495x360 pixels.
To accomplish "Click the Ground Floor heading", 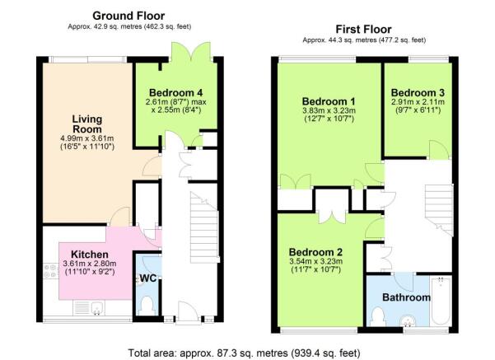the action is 128,16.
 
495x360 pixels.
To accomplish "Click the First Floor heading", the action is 363,30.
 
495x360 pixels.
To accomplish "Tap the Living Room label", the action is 87,124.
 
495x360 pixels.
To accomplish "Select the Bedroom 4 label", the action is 175,93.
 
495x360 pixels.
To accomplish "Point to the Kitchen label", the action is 90,255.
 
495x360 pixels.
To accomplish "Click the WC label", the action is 148,278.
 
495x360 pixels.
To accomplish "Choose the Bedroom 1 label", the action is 329,101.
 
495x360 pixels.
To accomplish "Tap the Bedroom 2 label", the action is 315,252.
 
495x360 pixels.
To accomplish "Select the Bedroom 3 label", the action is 418,93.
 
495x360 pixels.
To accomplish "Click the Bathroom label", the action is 406,297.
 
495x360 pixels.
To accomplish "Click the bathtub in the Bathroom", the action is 441,301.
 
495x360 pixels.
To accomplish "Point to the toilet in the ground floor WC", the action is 147,306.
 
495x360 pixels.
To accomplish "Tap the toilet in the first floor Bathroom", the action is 377,317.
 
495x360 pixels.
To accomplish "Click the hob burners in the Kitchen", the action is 50,271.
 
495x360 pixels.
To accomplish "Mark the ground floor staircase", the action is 204,227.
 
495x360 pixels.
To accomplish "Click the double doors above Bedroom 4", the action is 191,52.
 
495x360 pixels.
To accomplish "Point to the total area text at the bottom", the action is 244,353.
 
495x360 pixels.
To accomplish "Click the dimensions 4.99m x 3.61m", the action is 87,138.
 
